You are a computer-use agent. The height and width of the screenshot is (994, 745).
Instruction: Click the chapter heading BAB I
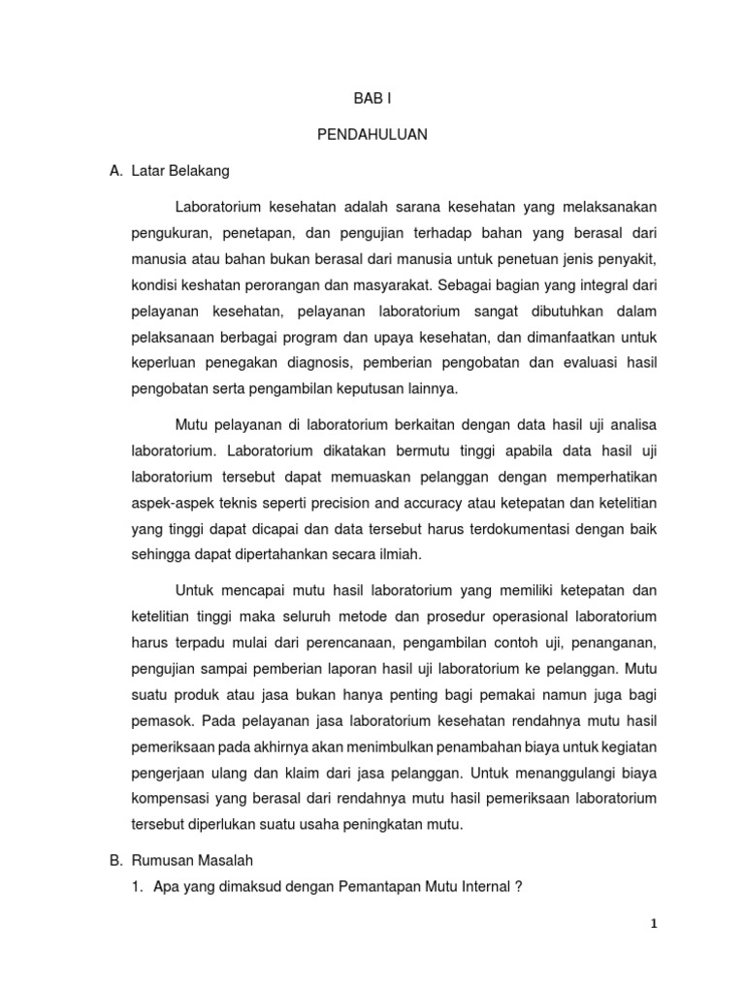(x=372, y=99)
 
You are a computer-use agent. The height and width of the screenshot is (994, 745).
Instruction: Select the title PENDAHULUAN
(x=372, y=135)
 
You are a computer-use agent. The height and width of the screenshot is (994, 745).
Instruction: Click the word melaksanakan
(x=601, y=207)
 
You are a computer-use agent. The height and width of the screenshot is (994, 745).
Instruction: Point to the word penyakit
(x=627, y=260)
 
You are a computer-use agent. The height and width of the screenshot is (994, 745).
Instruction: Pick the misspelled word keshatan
(x=213, y=286)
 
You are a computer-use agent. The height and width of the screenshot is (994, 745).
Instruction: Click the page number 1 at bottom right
(x=654, y=924)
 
